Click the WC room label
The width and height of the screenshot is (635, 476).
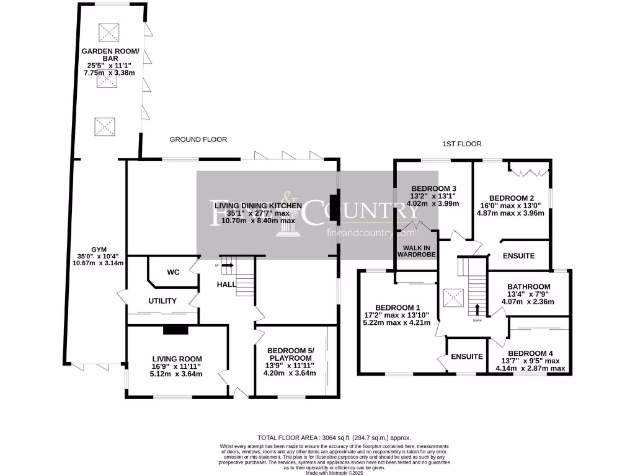coord(173,272)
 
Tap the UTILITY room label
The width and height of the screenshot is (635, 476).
coord(162,301)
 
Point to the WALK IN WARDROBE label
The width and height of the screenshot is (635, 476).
coord(417,250)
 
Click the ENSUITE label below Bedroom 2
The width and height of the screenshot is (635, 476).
coord(519,255)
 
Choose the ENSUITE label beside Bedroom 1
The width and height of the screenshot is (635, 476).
coord(467,356)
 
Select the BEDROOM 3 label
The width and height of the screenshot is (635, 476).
coord(434,188)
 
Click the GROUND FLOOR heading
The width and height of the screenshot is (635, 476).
coord(198,139)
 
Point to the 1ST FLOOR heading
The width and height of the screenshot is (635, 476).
coord(461,144)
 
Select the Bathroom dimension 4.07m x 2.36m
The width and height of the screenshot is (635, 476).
coord(527,302)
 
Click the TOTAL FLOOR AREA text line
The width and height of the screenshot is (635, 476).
coord(334,438)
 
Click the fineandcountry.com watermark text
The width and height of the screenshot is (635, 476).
coord(371,234)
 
